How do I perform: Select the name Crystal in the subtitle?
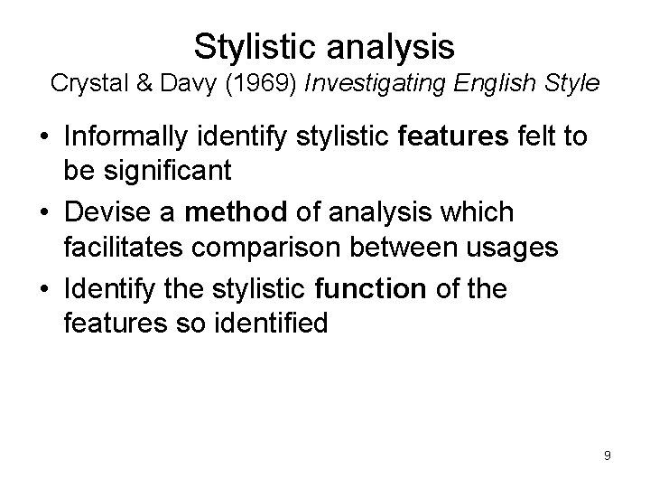[x=85, y=84]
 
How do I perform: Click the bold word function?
[x=373, y=291]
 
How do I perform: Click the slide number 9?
[x=608, y=455]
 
